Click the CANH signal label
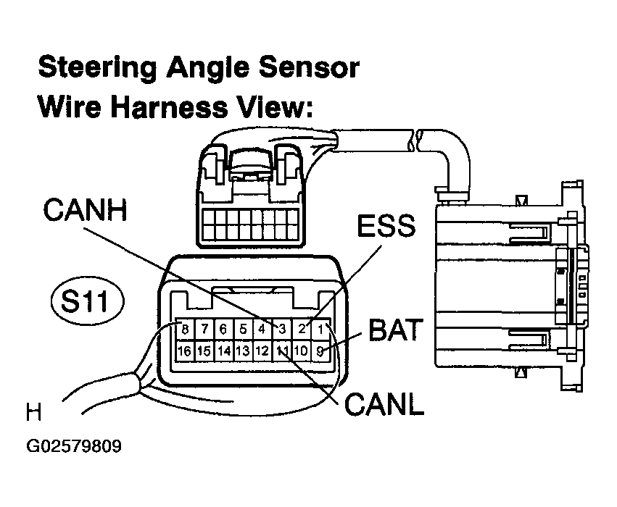point(85,210)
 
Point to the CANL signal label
point(384,404)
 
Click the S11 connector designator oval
point(87,301)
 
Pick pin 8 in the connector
point(185,328)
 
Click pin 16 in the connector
point(185,351)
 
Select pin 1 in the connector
point(320,328)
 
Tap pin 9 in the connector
point(320,351)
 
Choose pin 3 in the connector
point(282,328)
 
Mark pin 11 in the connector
point(282,351)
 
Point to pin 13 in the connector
point(243,351)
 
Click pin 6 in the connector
point(223,328)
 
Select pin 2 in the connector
point(302,328)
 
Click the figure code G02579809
point(74,446)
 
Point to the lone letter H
point(33,412)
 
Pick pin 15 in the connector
point(204,351)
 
